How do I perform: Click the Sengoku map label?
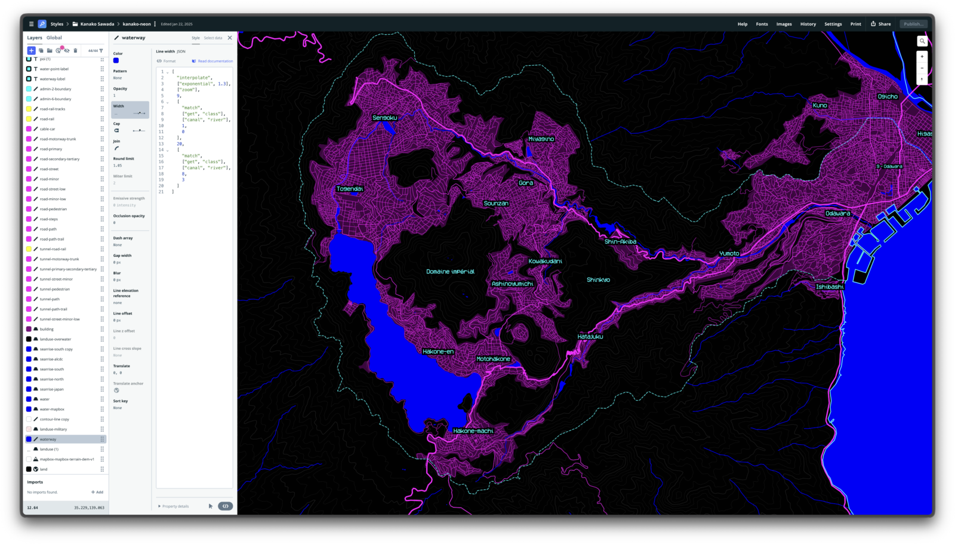click(x=384, y=118)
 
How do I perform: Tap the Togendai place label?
click(x=350, y=189)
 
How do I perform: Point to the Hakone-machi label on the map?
click(x=473, y=431)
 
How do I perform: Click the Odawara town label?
click(x=837, y=213)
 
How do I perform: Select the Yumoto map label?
click(x=729, y=253)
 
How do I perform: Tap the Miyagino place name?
click(x=541, y=139)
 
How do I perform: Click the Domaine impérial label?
click(x=450, y=271)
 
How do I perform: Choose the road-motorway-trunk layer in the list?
click(x=58, y=139)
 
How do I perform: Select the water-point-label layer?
click(x=54, y=69)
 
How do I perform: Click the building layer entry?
click(x=47, y=329)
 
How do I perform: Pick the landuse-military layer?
click(x=53, y=429)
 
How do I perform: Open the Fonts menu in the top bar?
click(x=762, y=24)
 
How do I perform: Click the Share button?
click(x=880, y=24)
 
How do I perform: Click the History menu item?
click(x=808, y=24)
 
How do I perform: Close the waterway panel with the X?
click(x=230, y=38)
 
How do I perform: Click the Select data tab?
click(x=212, y=38)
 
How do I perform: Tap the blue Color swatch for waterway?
click(x=116, y=60)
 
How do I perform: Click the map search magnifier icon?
click(x=922, y=41)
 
